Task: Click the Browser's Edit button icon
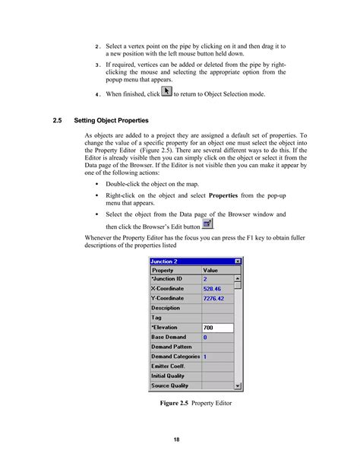[x=207, y=223]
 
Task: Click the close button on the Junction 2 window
[x=238, y=262]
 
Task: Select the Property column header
[x=163, y=270]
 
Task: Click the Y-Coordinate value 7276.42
[x=216, y=299]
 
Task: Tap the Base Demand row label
[x=169, y=337]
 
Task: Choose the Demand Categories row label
[x=175, y=357]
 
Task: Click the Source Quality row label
[x=170, y=385]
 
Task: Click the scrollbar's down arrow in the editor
[x=238, y=386]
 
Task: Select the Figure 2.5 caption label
[x=174, y=403]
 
